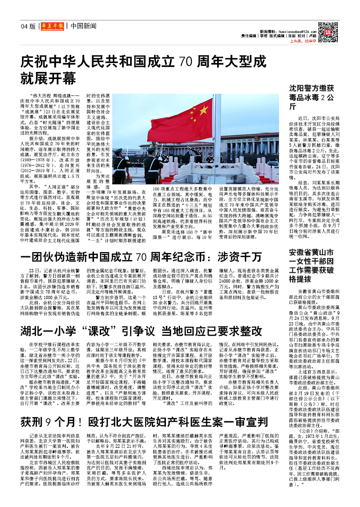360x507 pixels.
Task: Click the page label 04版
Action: (28, 26)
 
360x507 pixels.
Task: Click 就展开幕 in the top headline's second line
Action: (48, 78)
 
